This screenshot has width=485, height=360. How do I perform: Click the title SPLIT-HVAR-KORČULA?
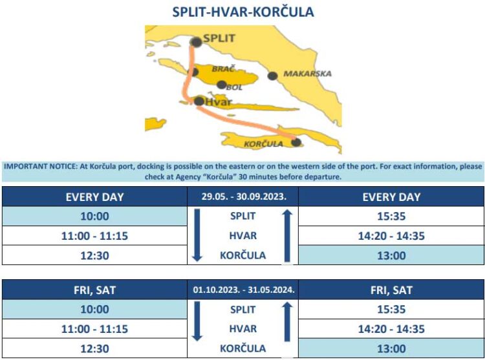coord(242,12)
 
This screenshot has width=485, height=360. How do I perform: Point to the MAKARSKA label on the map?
coord(307,74)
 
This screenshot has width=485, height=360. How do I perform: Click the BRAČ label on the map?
coord(222,68)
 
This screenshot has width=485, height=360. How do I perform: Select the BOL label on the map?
coord(234,87)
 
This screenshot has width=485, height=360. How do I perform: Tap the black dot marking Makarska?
coord(273,76)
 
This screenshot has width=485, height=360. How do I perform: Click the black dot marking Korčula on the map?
coord(296,142)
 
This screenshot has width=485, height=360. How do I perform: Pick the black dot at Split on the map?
coord(196,42)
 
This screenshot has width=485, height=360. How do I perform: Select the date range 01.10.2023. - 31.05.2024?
coord(242,290)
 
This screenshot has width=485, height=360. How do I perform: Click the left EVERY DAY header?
coord(94,197)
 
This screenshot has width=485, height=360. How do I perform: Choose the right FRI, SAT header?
coord(391,290)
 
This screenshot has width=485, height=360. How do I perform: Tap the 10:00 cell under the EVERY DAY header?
coord(94,217)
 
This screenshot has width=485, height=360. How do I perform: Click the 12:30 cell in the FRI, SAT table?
coord(94,349)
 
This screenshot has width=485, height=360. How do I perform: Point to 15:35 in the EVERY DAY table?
coord(391,217)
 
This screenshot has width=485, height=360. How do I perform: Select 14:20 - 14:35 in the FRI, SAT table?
coord(391,329)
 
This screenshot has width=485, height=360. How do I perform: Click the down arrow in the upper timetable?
coord(198,235)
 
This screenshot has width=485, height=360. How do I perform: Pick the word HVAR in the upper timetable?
coord(242,235)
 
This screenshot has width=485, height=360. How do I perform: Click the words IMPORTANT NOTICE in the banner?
coord(39,166)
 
